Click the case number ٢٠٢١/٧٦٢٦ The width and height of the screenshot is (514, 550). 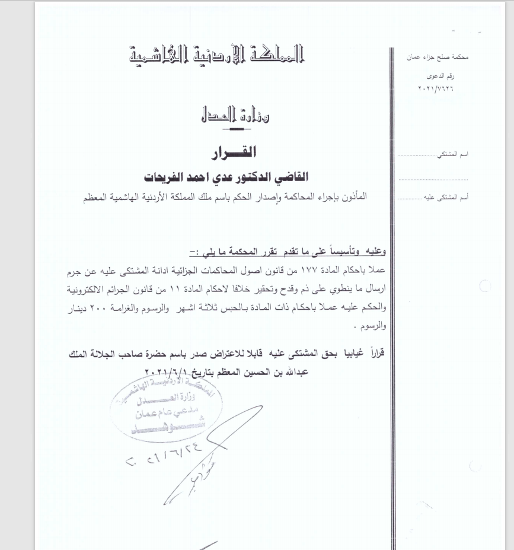point(439,88)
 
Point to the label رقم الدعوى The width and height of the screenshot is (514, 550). point(442,77)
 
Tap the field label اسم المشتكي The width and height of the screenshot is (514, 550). point(452,154)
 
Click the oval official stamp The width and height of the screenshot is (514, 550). point(165,412)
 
